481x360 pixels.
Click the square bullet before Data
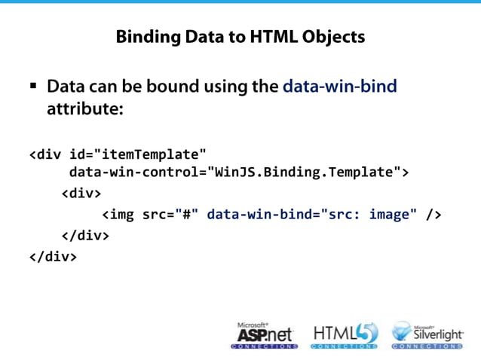[x=34, y=86]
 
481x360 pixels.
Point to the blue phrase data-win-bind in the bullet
[x=339, y=87]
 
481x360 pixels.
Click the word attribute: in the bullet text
[x=84, y=109]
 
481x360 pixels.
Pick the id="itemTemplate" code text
[x=138, y=156]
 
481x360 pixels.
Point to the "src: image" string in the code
[x=369, y=215]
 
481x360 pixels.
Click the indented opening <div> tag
[x=81, y=194]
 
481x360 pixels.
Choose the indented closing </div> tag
[x=85, y=235]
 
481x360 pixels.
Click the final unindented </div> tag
[x=53, y=256]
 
